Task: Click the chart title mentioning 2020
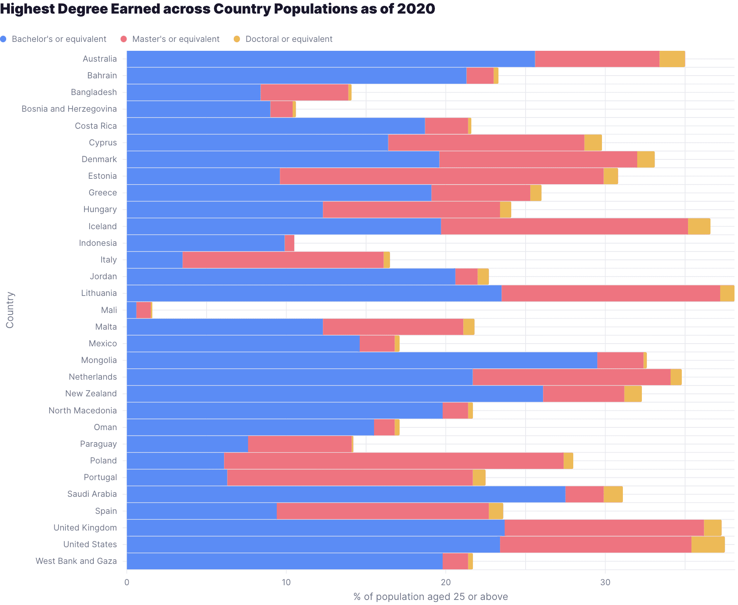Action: pyautogui.click(x=217, y=9)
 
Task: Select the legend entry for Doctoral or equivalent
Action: pyautogui.click(x=288, y=39)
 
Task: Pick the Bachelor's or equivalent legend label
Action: pyautogui.click(x=59, y=39)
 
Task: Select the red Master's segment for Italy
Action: pyautogui.click(x=283, y=260)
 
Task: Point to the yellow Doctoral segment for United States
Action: pyautogui.click(x=708, y=544)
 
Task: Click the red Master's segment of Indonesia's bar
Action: pyautogui.click(x=289, y=243)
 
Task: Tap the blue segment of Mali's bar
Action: pyautogui.click(x=131, y=310)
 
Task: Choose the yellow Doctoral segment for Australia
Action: pyautogui.click(x=672, y=59)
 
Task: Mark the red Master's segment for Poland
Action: pyautogui.click(x=393, y=461)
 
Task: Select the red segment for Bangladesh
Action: pyautogui.click(x=304, y=92)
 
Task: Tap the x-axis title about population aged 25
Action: pyautogui.click(x=430, y=596)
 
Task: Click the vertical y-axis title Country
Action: pyautogui.click(x=10, y=310)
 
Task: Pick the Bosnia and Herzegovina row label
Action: pyautogui.click(x=69, y=109)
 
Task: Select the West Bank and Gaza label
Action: pyautogui.click(x=76, y=561)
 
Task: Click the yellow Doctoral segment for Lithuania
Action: pyautogui.click(x=727, y=293)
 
